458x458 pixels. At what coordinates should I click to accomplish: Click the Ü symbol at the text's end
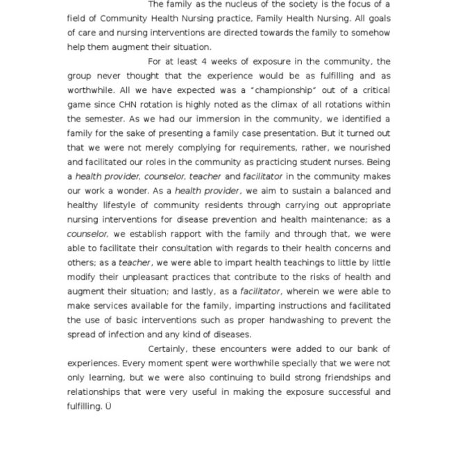(108, 406)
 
